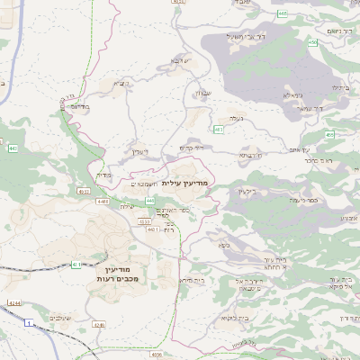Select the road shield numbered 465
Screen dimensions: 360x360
tap(283, 13)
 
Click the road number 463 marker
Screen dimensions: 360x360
tap(219, 130)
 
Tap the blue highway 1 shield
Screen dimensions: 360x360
tap(30, 321)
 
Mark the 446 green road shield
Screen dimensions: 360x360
tap(148, 200)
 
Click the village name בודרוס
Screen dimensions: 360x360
tap(80, 106)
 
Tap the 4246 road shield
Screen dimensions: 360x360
tap(99, 325)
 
